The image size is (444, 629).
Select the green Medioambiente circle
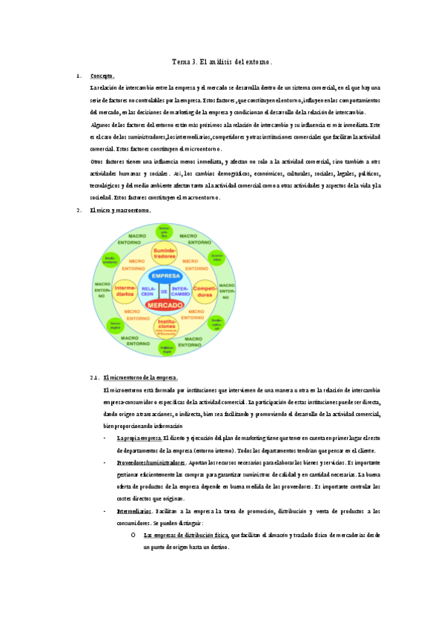pos(110,260)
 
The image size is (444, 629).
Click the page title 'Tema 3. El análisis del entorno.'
pos(222,62)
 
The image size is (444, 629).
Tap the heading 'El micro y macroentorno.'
pos(119,211)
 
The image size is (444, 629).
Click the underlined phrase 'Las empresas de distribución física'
pos(185,534)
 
